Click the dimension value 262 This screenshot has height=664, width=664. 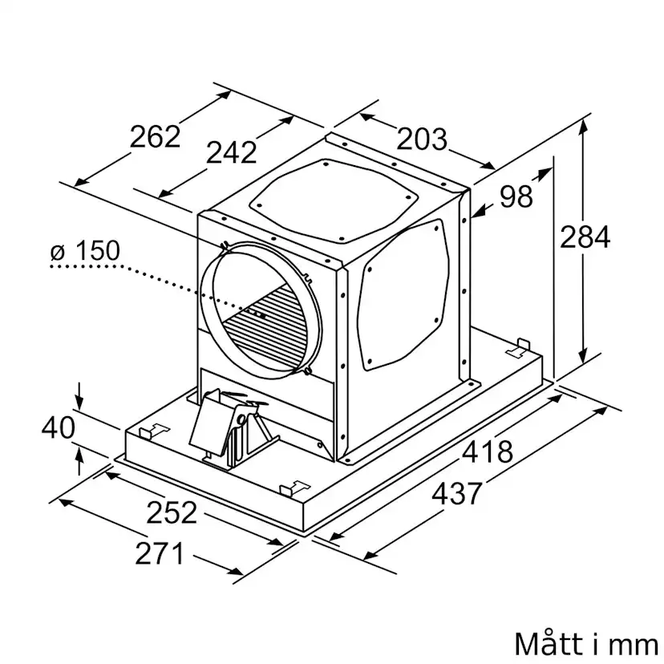[x=155, y=136]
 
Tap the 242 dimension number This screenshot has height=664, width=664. [x=231, y=152]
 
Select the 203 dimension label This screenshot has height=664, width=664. [x=421, y=139]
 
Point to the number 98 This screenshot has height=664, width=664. [x=516, y=196]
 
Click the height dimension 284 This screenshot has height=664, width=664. [x=585, y=237]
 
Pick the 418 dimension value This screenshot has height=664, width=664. [x=488, y=451]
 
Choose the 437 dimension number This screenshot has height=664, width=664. [x=457, y=493]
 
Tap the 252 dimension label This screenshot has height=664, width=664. [x=172, y=512]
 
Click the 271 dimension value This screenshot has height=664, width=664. [x=160, y=553]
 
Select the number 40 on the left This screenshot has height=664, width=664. [x=59, y=427]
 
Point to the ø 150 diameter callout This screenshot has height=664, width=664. [x=86, y=251]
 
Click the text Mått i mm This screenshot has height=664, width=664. [x=586, y=645]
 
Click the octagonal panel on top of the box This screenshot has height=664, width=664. [x=334, y=200]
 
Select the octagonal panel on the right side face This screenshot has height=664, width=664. [x=403, y=297]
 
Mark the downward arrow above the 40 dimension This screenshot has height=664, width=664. [x=79, y=395]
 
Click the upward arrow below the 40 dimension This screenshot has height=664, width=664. [x=79, y=461]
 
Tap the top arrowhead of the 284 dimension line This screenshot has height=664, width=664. [x=584, y=126]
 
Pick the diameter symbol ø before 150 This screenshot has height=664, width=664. [x=58, y=253]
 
